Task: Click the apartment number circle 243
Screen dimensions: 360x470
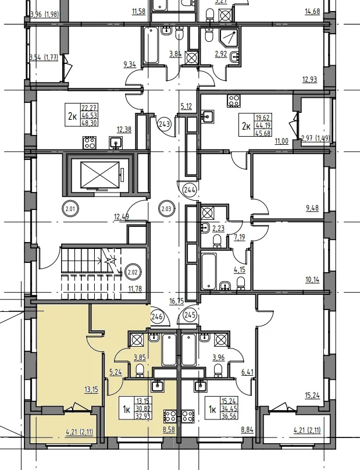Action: click(165, 123)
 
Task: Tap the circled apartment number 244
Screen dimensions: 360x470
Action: click(190, 190)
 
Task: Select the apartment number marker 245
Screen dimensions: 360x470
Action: click(190, 315)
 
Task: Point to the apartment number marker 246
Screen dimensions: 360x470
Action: click(157, 316)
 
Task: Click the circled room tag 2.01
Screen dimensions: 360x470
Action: click(70, 209)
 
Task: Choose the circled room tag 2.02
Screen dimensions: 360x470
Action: click(133, 272)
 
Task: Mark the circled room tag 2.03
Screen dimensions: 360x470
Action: click(166, 209)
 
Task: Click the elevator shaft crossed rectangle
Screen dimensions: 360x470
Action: click(100, 175)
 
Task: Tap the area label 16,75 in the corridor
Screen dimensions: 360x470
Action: click(176, 301)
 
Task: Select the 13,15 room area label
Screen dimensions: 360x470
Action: click(91, 390)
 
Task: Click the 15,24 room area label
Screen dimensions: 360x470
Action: click(312, 396)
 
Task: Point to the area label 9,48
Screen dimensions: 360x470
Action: click(312, 208)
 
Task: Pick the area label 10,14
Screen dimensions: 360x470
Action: click(312, 280)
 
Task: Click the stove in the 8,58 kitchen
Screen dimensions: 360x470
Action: click(170, 416)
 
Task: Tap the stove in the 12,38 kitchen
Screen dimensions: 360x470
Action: click(90, 143)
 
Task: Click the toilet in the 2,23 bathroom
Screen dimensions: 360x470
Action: click(217, 241)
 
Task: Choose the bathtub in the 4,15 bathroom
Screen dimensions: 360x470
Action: click(209, 271)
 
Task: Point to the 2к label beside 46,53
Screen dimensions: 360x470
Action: click(72, 116)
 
